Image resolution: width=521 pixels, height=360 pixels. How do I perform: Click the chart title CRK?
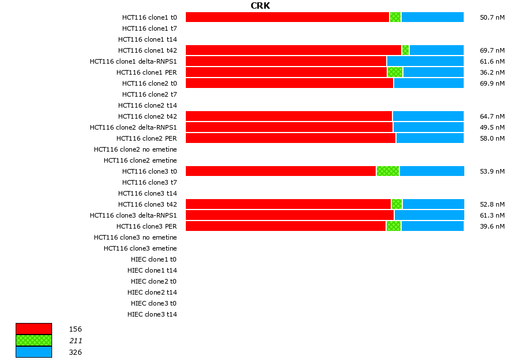(260, 6)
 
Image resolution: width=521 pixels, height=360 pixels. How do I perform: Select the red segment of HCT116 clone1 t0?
(287, 17)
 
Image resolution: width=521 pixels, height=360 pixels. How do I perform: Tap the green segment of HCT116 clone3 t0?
(388, 171)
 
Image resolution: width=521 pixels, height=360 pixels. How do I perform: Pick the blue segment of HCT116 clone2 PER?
(430, 138)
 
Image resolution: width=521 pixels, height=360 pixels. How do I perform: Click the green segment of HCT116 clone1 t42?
(405, 50)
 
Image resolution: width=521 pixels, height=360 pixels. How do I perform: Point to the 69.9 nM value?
(492, 83)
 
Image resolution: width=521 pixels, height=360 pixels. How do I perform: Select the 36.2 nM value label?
(492, 72)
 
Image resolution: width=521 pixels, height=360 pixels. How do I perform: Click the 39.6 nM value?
(492, 226)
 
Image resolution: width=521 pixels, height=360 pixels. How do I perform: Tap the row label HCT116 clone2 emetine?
(140, 160)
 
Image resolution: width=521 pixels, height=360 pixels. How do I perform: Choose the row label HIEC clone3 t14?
(152, 314)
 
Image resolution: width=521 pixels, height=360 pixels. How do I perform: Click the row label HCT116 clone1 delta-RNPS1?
(133, 61)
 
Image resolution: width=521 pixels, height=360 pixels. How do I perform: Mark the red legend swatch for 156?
(34, 329)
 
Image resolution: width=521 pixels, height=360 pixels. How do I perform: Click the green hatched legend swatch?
(34, 340)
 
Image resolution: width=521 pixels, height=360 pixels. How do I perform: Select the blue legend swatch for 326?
(34, 352)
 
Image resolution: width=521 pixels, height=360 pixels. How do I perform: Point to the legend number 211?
(75, 340)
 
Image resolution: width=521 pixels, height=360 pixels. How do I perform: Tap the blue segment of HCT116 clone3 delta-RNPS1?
(429, 215)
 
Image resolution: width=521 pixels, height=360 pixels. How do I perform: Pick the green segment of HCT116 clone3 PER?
(394, 226)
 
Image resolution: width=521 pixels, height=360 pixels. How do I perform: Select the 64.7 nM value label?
(492, 116)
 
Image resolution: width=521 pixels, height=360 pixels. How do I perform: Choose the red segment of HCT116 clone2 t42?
(289, 116)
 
